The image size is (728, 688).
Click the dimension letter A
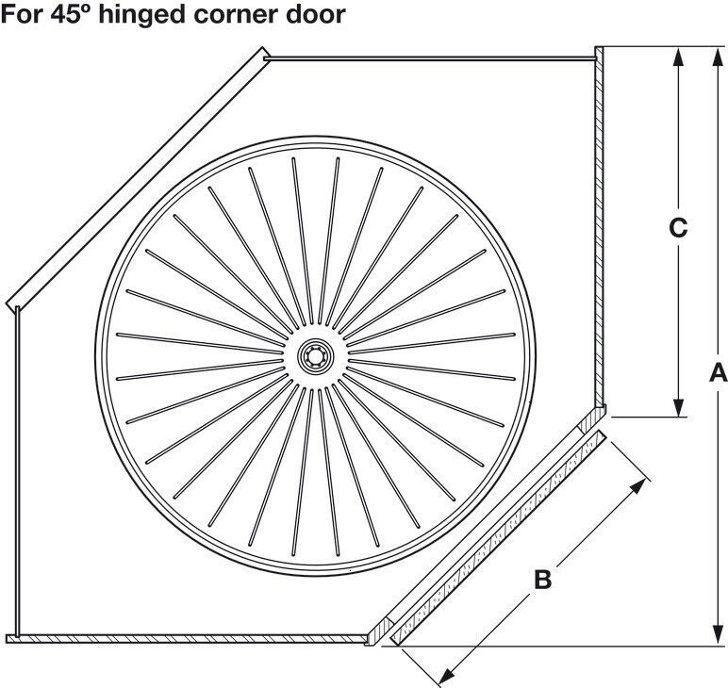tap(718, 372)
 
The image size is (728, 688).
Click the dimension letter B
tap(543, 579)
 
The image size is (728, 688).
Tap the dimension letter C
tap(678, 228)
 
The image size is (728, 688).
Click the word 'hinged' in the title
tap(141, 15)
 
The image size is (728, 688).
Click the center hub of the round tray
tap(316, 356)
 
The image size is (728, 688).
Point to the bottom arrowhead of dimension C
tap(678, 405)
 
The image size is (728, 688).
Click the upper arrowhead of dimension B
tap(637, 487)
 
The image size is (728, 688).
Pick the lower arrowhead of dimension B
tap(448, 677)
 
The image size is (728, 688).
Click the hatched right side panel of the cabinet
tap(600, 227)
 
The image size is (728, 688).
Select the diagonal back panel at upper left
tap(138, 179)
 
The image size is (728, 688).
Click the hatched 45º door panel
tap(498, 538)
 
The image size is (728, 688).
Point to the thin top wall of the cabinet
tap(429, 58)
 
